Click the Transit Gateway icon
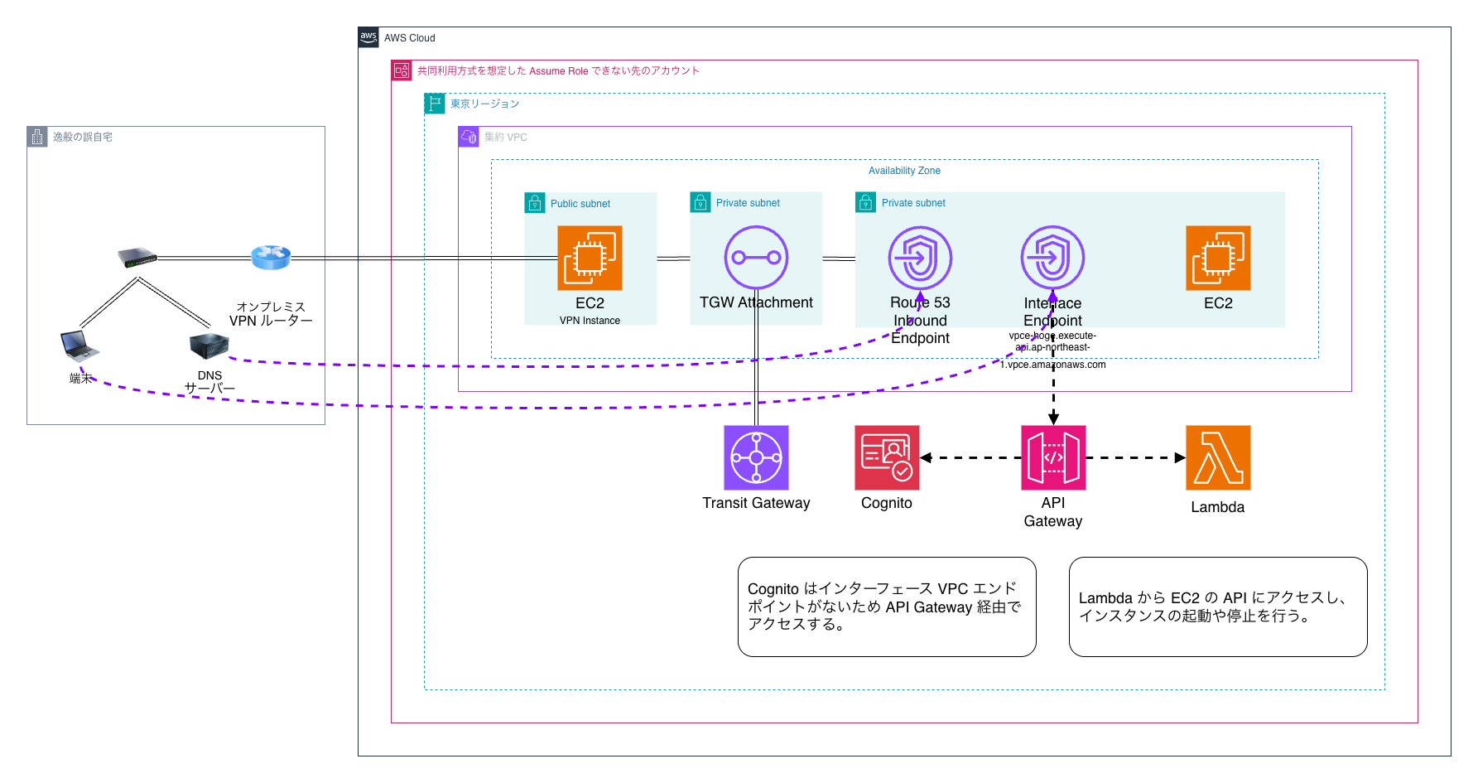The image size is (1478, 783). point(756,457)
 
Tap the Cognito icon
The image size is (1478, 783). point(887,457)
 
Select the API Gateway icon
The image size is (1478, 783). point(1053,457)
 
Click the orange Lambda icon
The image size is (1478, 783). point(1218,457)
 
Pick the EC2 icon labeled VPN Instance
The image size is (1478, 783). point(590,258)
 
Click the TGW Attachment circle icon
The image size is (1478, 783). point(756,258)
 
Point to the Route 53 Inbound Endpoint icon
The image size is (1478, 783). point(920,258)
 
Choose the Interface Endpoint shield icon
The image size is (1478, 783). point(1052,258)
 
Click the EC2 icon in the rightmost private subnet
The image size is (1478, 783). point(1218,258)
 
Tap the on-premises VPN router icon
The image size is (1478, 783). point(271,258)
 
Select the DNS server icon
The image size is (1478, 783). point(209,346)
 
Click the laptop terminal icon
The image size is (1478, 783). point(79,346)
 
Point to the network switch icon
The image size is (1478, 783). point(137,258)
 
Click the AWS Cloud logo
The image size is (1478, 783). point(368,37)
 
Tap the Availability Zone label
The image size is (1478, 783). point(904,171)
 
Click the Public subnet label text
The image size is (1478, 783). point(580,204)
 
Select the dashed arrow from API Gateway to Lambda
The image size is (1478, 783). point(1135,457)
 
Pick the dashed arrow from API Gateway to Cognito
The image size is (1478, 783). point(970,457)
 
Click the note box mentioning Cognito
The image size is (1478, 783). point(887,607)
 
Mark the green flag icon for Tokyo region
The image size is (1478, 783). point(435,104)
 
